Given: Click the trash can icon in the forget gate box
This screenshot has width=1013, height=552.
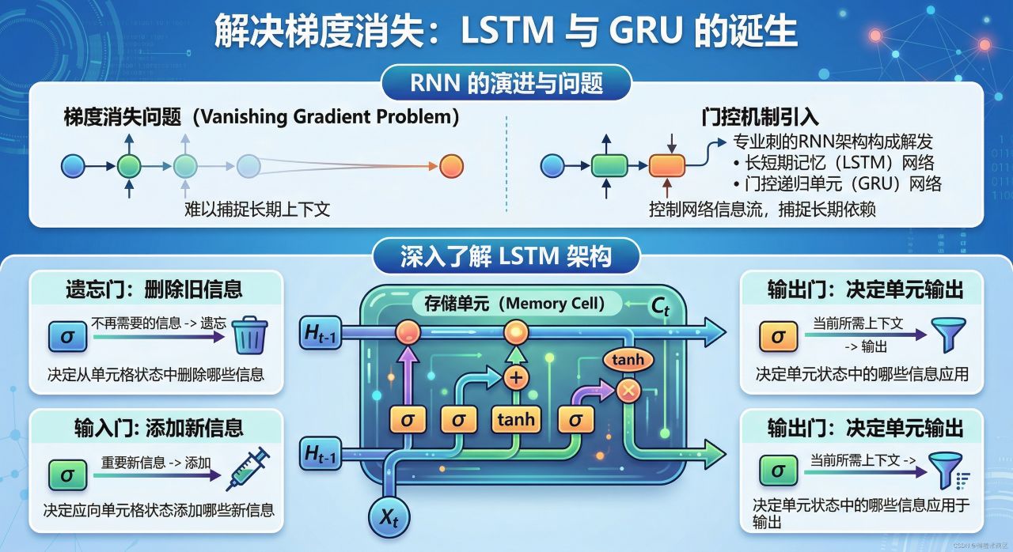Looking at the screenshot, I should [250, 335].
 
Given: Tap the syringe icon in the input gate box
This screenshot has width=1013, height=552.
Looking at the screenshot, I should [248, 469].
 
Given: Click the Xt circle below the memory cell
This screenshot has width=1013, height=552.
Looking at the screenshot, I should [388, 518].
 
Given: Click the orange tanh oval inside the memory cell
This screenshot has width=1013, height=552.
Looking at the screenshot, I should [628, 360].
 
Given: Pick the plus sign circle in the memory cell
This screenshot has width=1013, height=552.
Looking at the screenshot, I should [516, 377].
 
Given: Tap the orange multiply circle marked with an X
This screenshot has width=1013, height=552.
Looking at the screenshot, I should [628, 389].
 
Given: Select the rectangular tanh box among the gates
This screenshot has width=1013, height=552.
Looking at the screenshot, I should [515, 419].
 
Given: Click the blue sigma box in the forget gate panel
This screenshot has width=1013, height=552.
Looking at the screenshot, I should [67, 336].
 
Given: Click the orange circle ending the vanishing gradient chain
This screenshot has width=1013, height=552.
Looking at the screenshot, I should [450, 166].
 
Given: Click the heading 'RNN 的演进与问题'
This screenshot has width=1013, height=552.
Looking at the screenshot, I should [506, 84].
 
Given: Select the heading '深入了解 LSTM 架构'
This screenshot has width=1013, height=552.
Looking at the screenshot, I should [506, 256].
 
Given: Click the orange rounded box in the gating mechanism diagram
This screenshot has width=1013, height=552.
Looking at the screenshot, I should [666, 166].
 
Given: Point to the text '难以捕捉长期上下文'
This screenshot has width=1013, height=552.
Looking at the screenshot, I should [257, 210].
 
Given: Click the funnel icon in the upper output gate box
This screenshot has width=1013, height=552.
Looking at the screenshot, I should [949, 335].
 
